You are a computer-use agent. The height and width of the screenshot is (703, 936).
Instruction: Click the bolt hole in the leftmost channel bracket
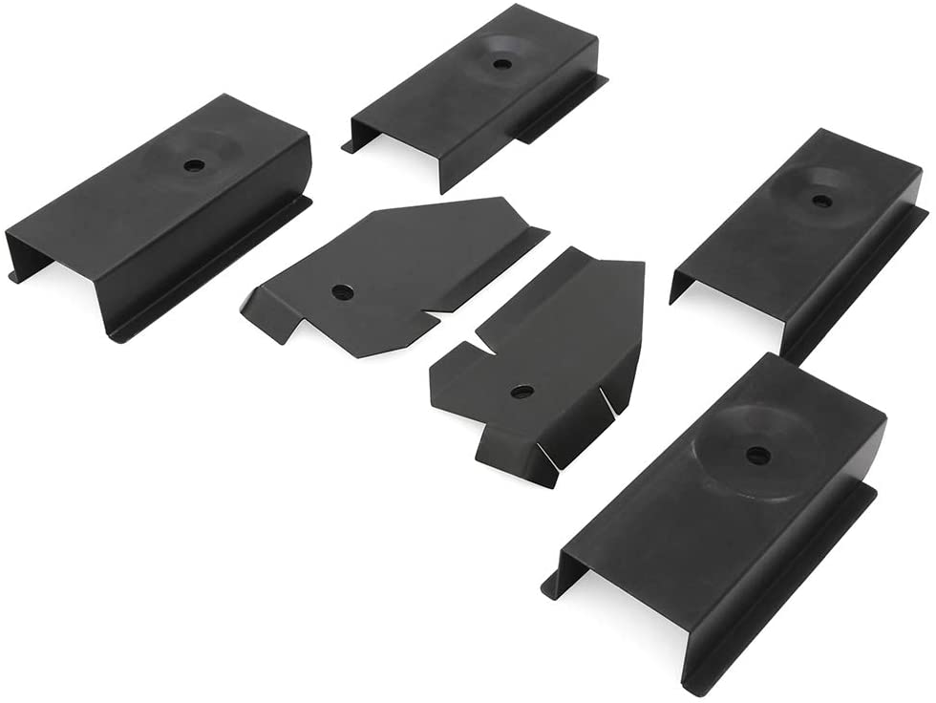194,165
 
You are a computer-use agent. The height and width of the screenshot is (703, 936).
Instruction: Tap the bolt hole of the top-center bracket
500,64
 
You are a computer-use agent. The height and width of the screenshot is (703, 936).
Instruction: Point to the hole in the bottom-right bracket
757,456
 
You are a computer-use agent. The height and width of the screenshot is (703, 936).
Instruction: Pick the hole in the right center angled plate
521,392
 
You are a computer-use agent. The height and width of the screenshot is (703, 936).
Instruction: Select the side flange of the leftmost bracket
210,272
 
